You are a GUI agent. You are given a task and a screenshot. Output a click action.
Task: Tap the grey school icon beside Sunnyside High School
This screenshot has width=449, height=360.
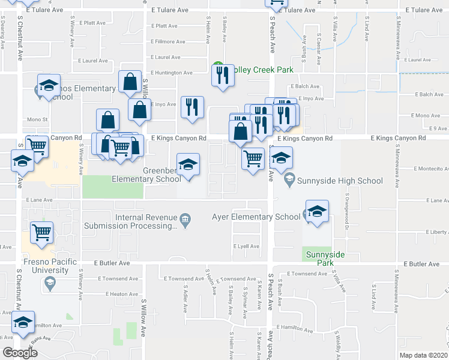coord(289,179)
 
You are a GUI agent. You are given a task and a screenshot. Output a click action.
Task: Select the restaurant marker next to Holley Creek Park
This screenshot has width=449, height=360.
coord(223,75)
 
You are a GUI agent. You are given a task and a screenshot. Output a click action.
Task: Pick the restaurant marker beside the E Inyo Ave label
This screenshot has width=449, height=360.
coord(192,107)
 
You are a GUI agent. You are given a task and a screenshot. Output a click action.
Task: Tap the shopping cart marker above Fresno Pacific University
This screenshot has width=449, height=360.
coord(41,231)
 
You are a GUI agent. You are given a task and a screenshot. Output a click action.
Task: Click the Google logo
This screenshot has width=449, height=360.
coord(20,353)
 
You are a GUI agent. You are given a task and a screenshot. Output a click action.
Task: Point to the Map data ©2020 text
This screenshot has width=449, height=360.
coord(423,355)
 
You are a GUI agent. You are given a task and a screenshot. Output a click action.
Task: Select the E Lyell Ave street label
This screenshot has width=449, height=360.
coord(246,247)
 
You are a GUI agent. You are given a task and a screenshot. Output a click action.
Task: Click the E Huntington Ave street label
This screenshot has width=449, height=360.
coord(172,73)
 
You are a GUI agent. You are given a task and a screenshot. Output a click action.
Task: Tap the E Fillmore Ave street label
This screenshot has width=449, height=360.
coord(168,41)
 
